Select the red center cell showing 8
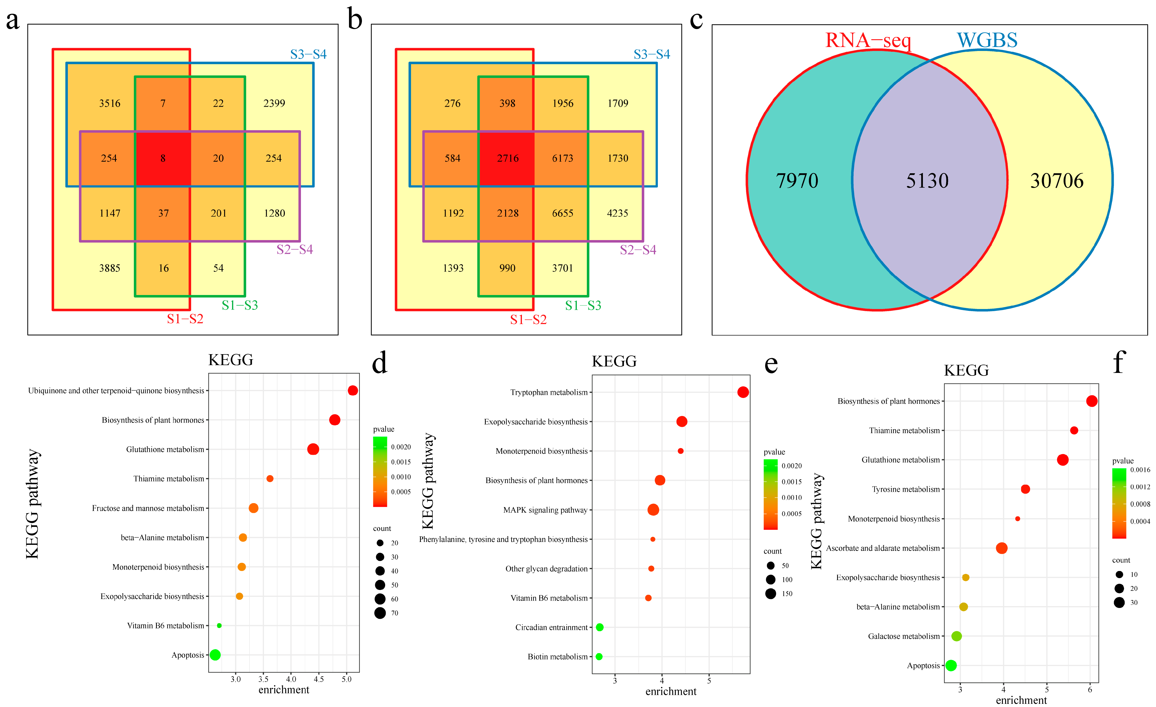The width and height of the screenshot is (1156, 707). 163,158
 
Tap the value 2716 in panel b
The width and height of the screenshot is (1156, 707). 508,158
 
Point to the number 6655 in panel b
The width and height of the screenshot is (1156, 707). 563,213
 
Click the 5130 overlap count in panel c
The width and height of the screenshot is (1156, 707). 927,181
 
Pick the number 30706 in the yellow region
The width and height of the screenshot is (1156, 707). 1056,181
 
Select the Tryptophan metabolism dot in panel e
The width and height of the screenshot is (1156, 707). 743,392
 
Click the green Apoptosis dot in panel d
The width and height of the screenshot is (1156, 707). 215,655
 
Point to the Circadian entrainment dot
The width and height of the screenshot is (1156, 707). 600,627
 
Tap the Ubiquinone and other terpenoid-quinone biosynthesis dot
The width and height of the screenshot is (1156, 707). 353,391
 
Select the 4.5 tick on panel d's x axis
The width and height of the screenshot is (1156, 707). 319,679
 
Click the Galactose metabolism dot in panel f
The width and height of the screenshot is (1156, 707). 957,636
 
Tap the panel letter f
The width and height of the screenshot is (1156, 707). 1119,362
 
